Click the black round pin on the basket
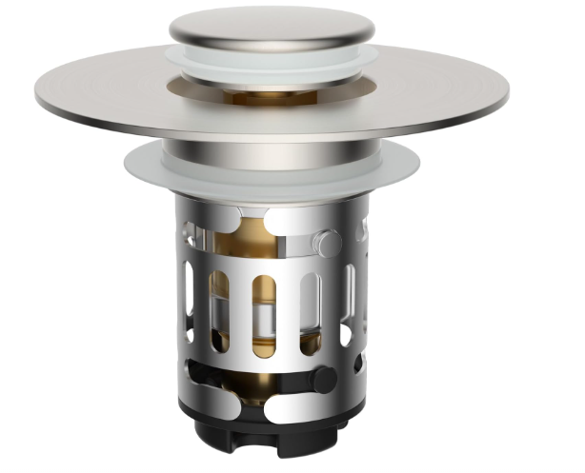pyautogui.click(x=324, y=380)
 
